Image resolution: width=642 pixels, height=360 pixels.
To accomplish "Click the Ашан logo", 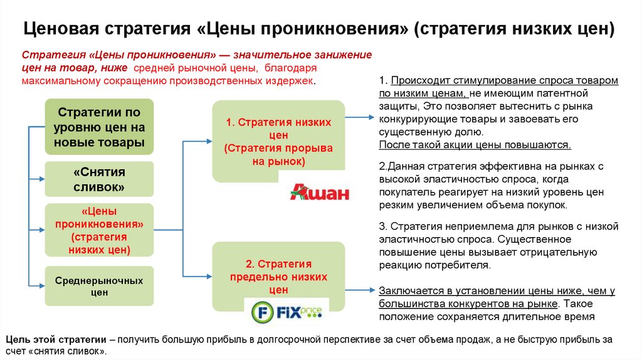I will pos(318,192).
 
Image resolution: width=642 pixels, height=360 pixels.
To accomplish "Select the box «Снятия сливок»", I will pos(99,179).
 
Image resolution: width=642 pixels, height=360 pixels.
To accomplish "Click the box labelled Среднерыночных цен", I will pos(99,286).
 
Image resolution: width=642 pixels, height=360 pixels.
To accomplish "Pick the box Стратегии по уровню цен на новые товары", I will pos(99,127).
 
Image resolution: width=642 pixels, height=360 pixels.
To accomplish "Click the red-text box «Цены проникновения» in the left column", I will pos(99,231).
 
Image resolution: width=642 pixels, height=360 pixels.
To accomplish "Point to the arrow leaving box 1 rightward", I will pos(360,117).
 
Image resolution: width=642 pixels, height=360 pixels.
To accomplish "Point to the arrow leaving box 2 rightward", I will pos(360,290).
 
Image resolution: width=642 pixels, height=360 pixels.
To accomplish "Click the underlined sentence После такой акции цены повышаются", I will pos(475,145).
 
